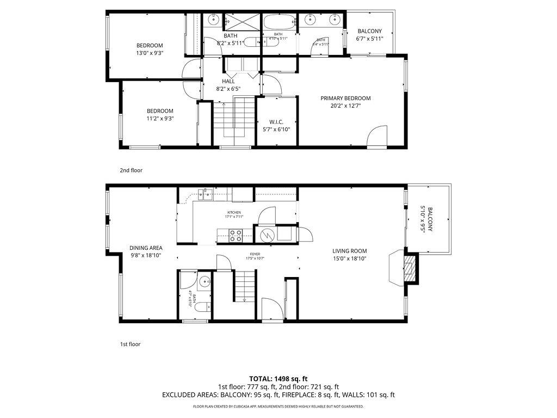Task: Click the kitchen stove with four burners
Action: pyautogui.click(x=236, y=235)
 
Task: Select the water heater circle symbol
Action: pyautogui.click(x=267, y=235)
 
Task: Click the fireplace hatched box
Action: pyautogui.click(x=410, y=268)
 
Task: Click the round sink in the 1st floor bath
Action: pyautogui.click(x=204, y=282)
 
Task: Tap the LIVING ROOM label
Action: pyautogui.click(x=349, y=251)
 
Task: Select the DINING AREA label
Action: pyautogui.click(x=146, y=248)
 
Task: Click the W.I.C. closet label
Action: pyautogui.click(x=276, y=122)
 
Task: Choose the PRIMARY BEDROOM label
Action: pyautogui.click(x=345, y=99)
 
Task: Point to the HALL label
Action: pyautogui.click(x=228, y=81)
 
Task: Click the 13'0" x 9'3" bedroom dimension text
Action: pyautogui.click(x=150, y=53)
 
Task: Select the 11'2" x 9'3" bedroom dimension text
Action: pyautogui.click(x=160, y=119)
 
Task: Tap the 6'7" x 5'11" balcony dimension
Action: pyautogui.click(x=370, y=39)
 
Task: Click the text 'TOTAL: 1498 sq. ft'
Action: pyautogui.click(x=278, y=378)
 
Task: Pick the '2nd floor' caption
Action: pyautogui.click(x=131, y=170)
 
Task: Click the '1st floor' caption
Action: pyautogui.click(x=130, y=344)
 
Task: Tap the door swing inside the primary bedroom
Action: pyautogui.click(x=377, y=138)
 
